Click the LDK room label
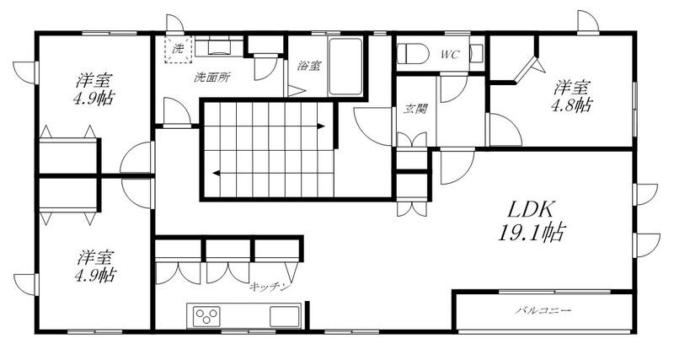click(x=530, y=209)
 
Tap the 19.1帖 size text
click(x=531, y=233)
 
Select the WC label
click(x=450, y=55)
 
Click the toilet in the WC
click(x=413, y=55)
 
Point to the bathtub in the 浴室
click(x=345, y=67)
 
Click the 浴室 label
click(x=309, y=66)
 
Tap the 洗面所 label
click(x=212, y=78)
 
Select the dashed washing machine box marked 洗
click(x=178, y=50)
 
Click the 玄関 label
click(x=415, y=109)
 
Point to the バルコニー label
click(x=543, y=310)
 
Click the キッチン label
click(x=270, y=287)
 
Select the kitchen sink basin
click(x=285, y=316)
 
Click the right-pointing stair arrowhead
click(x=321, y=126)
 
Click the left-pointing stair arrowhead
click(x=217, y=174)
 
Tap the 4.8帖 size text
click(x=571, y=105)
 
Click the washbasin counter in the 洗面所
click(x=219, y=46)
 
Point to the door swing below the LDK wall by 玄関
click(x=457, y=166)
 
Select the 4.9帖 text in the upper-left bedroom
click(x=94, y=99)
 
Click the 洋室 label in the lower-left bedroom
click(x=94, y=258)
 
